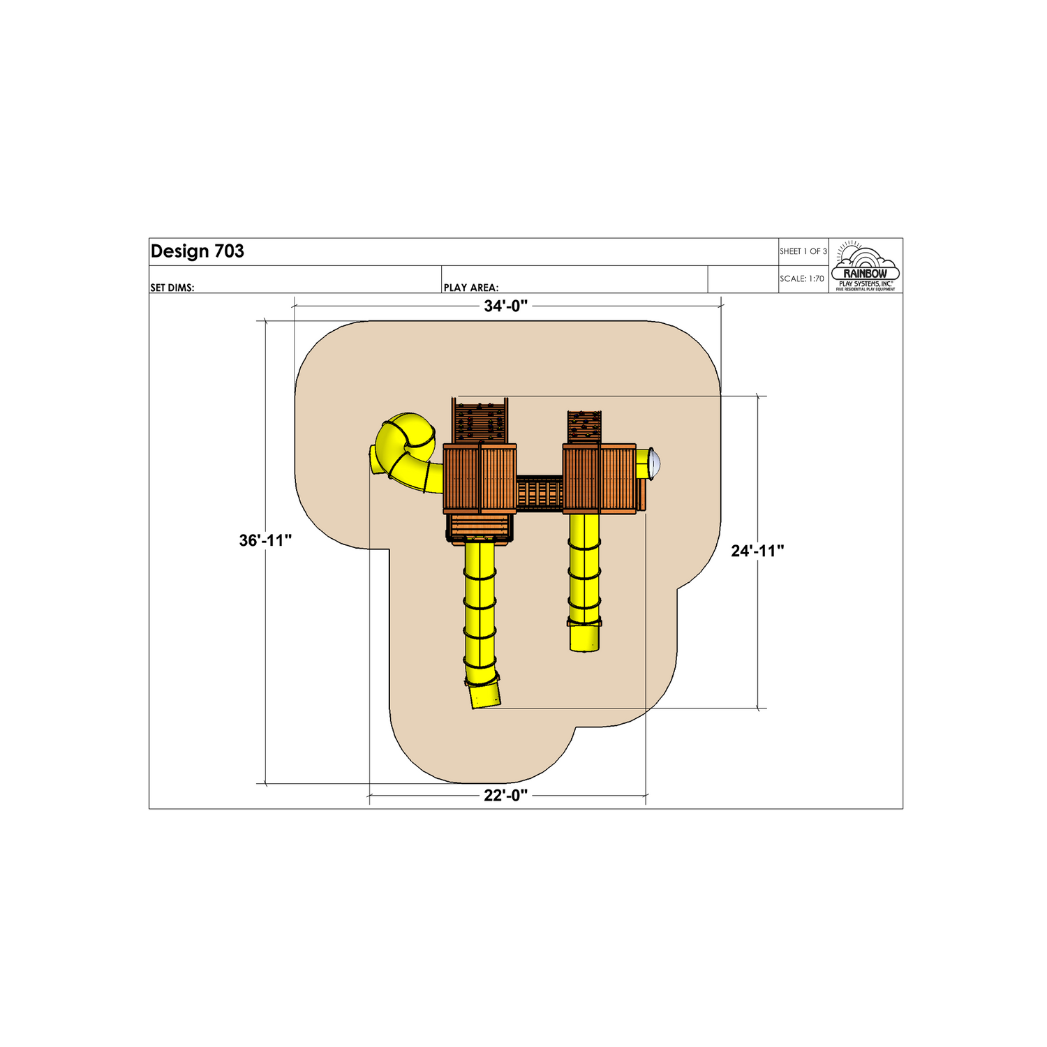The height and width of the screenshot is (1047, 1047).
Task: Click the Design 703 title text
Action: click(x=198, y=251)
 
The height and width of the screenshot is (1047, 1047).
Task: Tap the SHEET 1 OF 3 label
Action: click(x=803, y=251)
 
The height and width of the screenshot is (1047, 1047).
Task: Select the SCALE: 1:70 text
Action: click(x=802, y=279)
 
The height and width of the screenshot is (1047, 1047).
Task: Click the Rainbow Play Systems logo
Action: click(x=866, y=267)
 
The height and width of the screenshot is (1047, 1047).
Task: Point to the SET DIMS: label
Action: click(x=172, y=288)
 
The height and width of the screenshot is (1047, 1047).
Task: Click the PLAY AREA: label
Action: click(x=471, y=288)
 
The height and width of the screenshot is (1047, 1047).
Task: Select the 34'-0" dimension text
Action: click(x=506, y=306)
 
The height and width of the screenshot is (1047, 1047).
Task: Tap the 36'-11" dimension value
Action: click(x=265, y=540)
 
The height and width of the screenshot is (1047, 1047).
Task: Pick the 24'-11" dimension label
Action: click(x=757, y=551)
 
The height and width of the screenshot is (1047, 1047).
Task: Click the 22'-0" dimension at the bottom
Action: click(x=506, y=796)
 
